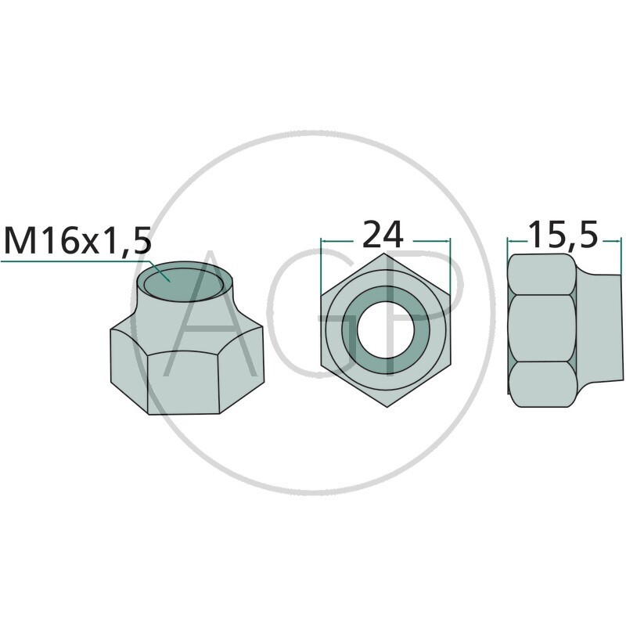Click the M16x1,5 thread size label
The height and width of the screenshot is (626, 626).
coord(77,241)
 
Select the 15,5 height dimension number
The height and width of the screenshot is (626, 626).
coord(563,235)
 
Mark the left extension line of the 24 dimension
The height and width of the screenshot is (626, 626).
coord(322,266)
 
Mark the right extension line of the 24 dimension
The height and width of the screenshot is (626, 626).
coord(450,266)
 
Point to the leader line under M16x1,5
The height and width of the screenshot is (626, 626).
coord(78,261)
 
